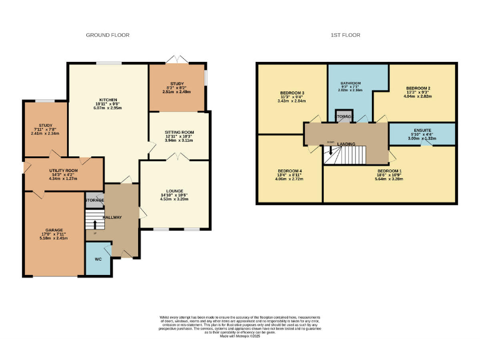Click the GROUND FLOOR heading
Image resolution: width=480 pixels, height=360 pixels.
tap(107, 36)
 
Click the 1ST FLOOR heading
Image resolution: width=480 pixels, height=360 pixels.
tap(346, 36)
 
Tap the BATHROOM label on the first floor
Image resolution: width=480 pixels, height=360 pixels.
tap(351, 82)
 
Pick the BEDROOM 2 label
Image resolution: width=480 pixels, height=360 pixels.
tap(418, 88)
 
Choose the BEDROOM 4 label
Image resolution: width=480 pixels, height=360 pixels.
tap(289, 170)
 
